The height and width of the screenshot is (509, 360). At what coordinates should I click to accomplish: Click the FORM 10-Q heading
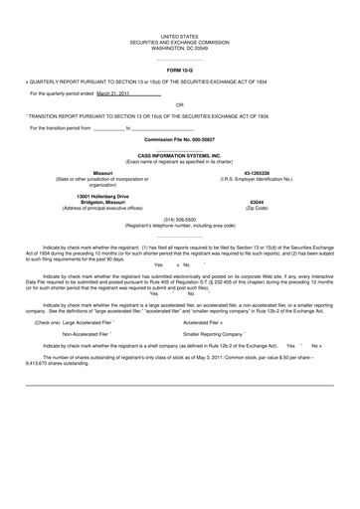(x=179, y=70)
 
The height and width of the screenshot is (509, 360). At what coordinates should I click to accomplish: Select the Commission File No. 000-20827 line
(x=179, y=140)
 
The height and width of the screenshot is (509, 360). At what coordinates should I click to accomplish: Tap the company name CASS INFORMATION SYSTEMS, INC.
(x=179, y=156)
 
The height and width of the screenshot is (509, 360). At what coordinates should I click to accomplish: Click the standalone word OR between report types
(x=179, y=104)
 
